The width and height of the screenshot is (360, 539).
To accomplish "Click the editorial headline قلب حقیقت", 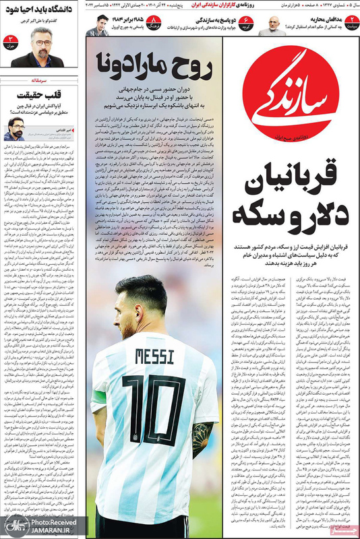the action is coord(41,94).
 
